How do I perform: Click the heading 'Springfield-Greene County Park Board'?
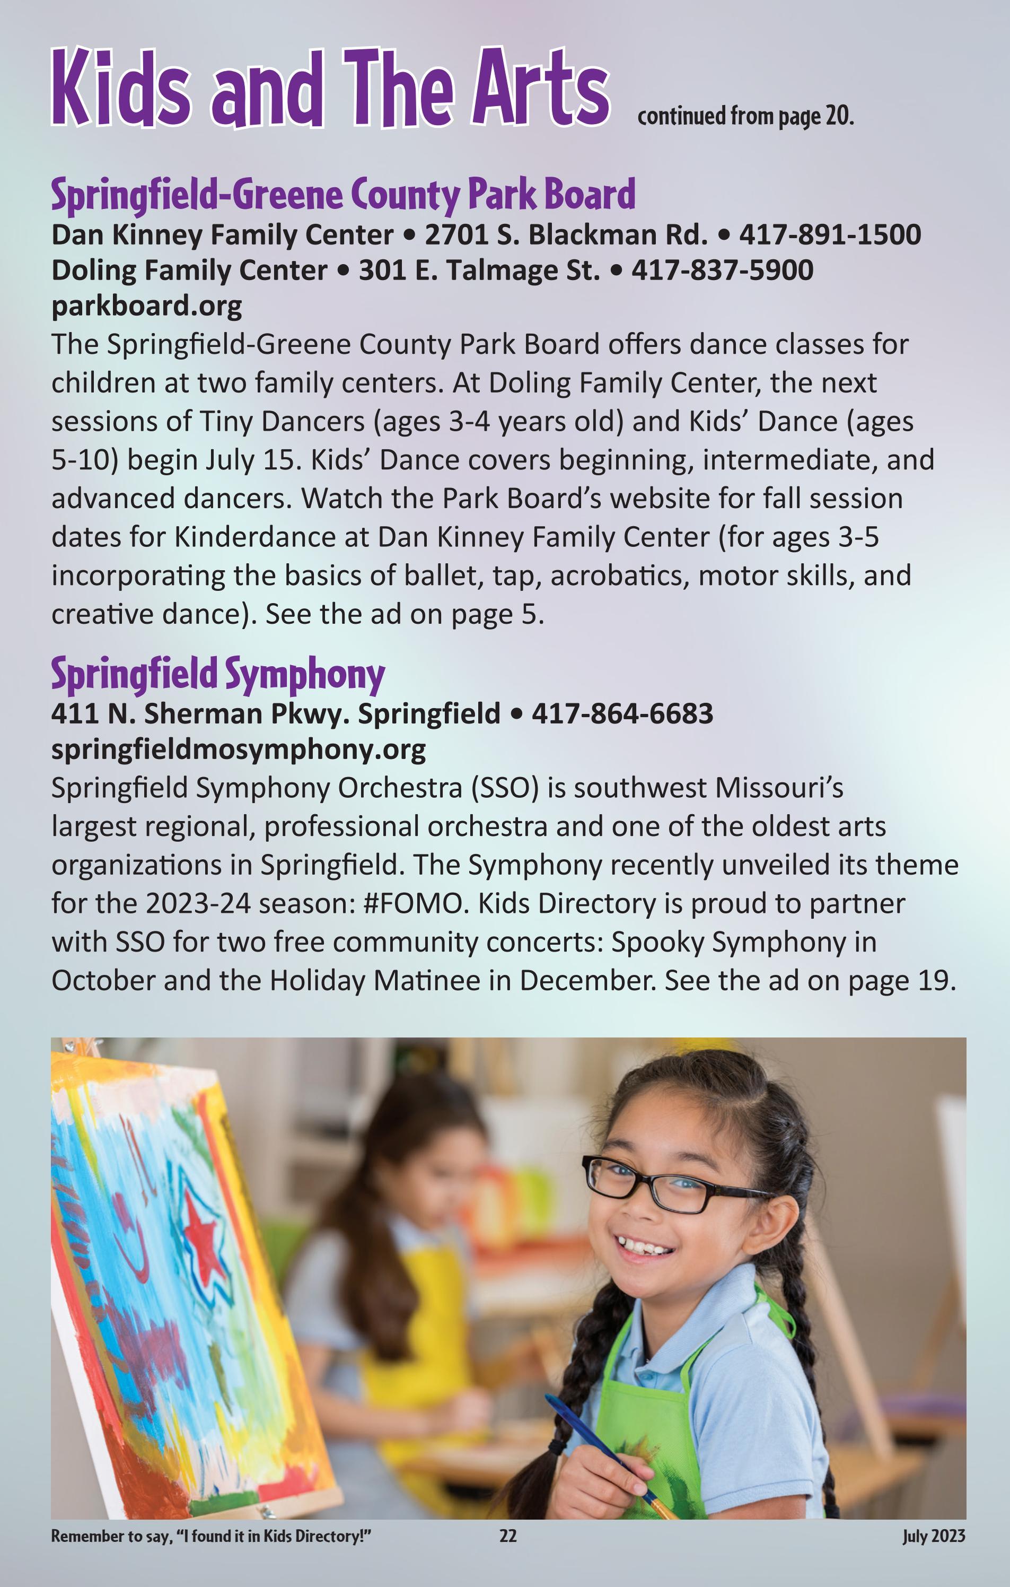[342, 195]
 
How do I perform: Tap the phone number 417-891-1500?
[830, 234]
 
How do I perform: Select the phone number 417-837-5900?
[722, 270]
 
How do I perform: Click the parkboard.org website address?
[146, 306]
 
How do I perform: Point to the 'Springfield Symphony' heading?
[217, 674]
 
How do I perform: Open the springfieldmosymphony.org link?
[239, 749]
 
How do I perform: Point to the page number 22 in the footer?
[508, 1536]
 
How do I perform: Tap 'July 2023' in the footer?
[933, 1536]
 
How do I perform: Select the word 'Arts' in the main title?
[540, 89]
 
